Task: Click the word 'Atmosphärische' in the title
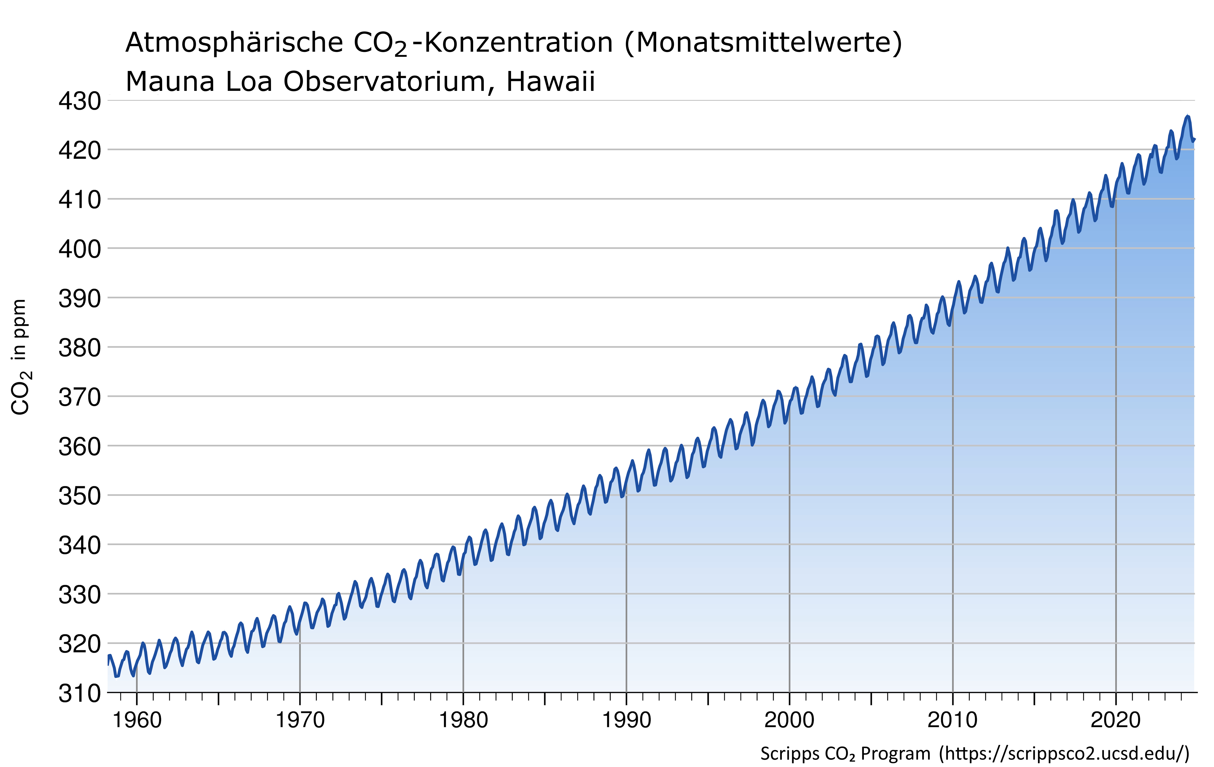pyautogui.click(x=235, y=43)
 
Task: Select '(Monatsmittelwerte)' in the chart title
pyautogui.click(x=763, y=43)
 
